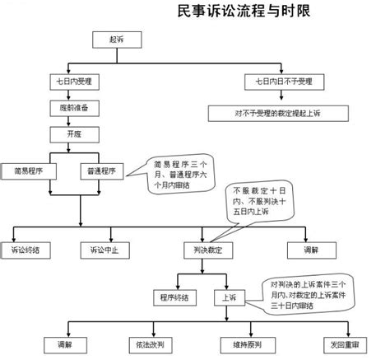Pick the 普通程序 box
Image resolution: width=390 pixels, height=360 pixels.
pyautogui.click(x=101, y=171)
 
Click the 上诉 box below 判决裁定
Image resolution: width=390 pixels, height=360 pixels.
pyautogui.click(x=228, y=296)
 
